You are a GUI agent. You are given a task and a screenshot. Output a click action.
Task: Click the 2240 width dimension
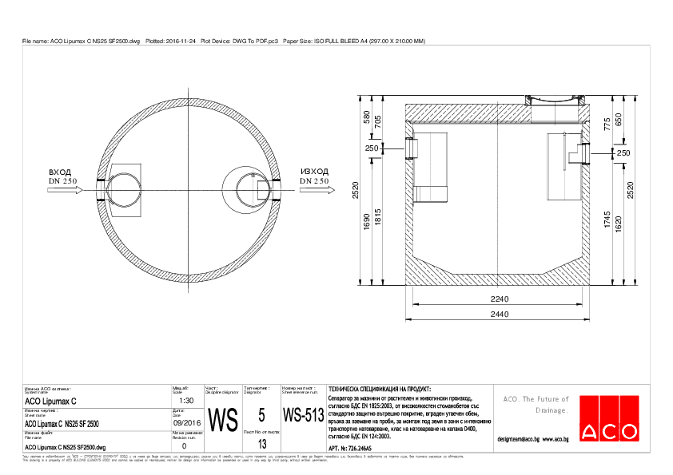tap(500, 298)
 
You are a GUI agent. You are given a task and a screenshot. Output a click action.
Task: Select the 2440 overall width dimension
tap(500, 315)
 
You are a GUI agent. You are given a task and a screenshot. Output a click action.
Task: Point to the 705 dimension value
tap(378, 123)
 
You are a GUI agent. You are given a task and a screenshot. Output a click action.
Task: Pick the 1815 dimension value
tap(378, 216)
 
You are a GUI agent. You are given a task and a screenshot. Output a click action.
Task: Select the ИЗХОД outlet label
tap(314, 172)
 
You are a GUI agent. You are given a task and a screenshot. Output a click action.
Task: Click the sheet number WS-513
tap(303, 416)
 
